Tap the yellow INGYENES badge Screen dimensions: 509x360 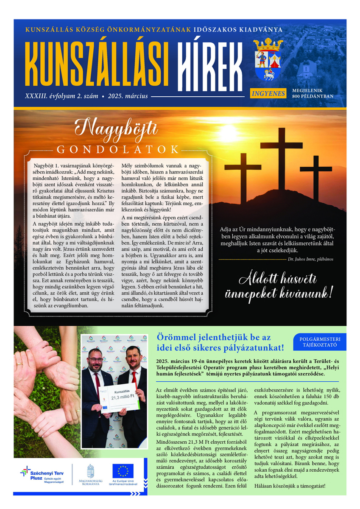tap(268, 93)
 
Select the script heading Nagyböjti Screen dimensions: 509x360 tap(116, 129)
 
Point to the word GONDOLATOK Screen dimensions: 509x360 tap(118, 149)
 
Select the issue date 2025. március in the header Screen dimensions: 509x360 tap(128, 96)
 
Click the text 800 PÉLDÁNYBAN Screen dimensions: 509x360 tap(313, 96)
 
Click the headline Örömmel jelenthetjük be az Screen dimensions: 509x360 tap(215, 338)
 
